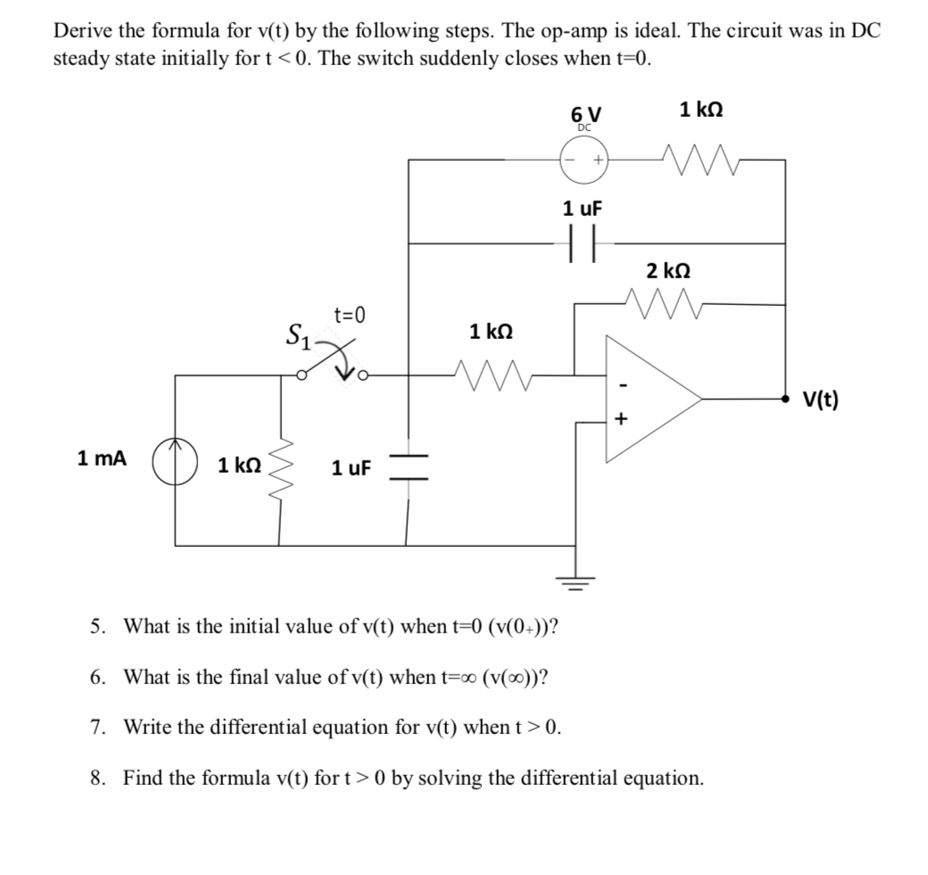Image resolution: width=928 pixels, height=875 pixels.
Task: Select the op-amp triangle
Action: [x=651, y=399]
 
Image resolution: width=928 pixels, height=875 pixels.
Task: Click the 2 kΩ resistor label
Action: [x=668, y=270]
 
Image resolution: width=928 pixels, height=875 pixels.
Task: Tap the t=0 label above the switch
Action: [x=350, y=314]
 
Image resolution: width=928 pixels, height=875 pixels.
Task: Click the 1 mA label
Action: [x=102, y=459]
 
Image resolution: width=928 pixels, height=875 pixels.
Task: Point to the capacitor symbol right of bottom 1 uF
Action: [x=408, y=467]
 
